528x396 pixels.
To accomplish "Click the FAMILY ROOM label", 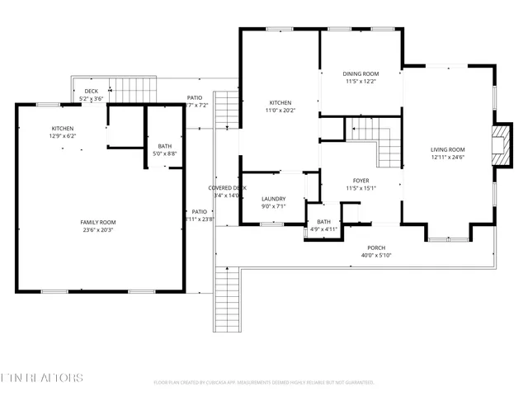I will point(97,223).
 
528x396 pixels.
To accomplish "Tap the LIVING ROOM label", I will point(448,149).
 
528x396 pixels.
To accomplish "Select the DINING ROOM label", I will point(361,73).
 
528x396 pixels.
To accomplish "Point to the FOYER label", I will point(361,180).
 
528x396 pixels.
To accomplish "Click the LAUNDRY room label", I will point(273,199).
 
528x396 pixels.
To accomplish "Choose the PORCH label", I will point(376,247).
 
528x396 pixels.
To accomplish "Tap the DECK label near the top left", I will point(92,92).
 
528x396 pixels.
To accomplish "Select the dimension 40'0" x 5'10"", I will point(376,256).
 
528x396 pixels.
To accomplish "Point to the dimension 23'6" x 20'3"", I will point(97,231).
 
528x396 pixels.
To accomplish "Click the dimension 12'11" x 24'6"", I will point(448,158).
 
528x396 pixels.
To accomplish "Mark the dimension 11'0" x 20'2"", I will point(279,111).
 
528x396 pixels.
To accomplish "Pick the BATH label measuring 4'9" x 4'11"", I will point(323,221).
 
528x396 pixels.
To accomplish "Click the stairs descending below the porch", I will point(226,297).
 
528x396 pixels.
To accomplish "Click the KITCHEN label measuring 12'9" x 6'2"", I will point(64,129).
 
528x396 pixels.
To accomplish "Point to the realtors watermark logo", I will point(42,378).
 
